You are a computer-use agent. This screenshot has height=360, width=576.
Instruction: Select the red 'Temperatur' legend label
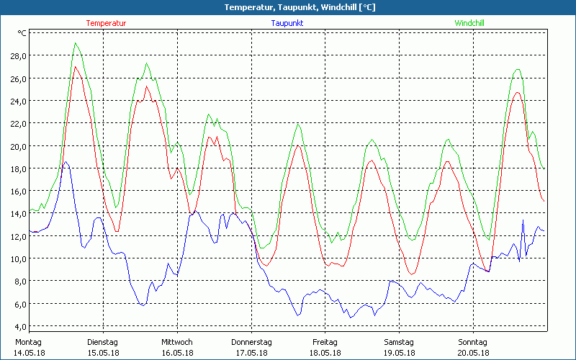(106, 23)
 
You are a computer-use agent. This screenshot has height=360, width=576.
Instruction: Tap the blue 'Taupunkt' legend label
(287, 23)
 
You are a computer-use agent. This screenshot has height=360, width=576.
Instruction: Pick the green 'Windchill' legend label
(469, 23)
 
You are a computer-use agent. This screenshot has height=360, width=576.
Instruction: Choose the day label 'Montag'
(28, 342)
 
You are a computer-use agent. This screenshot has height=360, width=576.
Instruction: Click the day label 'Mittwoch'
(176, 342)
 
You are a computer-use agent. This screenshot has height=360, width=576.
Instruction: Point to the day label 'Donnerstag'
(251, 342)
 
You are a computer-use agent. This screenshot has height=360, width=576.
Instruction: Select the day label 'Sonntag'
(473, 342)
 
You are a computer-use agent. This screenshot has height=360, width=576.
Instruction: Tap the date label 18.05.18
(325, 353)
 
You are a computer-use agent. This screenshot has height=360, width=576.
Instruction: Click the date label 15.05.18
(102, 353)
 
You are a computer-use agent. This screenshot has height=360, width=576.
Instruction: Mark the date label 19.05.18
(399, 353)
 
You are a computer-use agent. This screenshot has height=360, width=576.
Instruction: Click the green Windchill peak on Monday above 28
(76, 43)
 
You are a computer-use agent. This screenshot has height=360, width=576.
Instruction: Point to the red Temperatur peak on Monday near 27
(76, 66)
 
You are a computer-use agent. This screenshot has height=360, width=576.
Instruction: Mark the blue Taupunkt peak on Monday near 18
(66, 162)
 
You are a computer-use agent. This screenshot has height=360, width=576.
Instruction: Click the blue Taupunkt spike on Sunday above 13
(523, 220)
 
